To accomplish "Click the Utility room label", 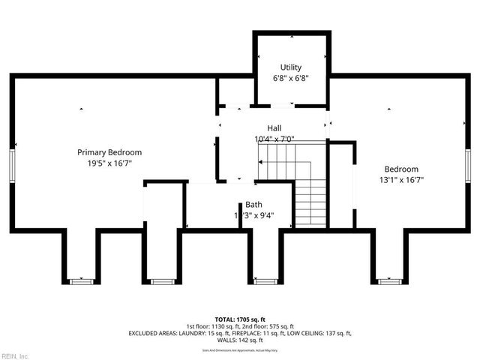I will (x=291, y=67).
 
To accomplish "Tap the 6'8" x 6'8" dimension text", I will (x=291, y=77).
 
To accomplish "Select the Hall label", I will (x=274, y=128).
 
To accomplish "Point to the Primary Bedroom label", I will (x=109, y=152).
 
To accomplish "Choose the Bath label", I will (x=253, y=205).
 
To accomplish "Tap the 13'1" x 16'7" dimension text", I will (x=401, y=179).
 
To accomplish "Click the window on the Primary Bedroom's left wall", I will (x=13, y=164).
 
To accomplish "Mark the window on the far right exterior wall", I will (x=466, y=164).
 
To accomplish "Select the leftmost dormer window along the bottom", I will (x=81, y=281).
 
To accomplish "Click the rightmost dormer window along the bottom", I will (x=390, y=281).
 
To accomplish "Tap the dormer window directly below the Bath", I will (x=264, y=281).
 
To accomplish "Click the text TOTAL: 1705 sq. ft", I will (x=240, y=318).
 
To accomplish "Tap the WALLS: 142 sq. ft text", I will (x=240, y=340).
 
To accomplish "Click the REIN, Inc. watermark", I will (x=15, y=355).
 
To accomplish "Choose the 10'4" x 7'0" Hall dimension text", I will (x=274, y=139).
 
